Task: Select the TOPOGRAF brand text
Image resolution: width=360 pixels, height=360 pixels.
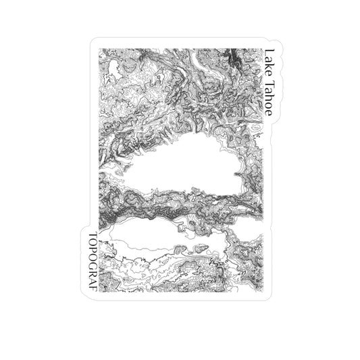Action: (x=93, y=261)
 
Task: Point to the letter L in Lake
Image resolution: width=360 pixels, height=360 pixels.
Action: (x=268, y=51)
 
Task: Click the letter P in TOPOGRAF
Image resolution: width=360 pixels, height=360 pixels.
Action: (x=93, y=249)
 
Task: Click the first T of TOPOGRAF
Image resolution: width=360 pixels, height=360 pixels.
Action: (x=93, y=234)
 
